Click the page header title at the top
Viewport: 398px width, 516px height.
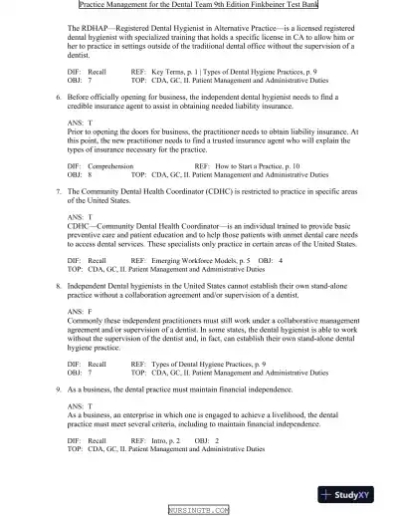coord(198,5)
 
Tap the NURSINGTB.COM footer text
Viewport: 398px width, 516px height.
coord(198,509)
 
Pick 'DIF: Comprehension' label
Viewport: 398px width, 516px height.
coord(100,164)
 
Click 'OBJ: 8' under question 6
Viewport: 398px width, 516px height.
coord(80,173)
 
